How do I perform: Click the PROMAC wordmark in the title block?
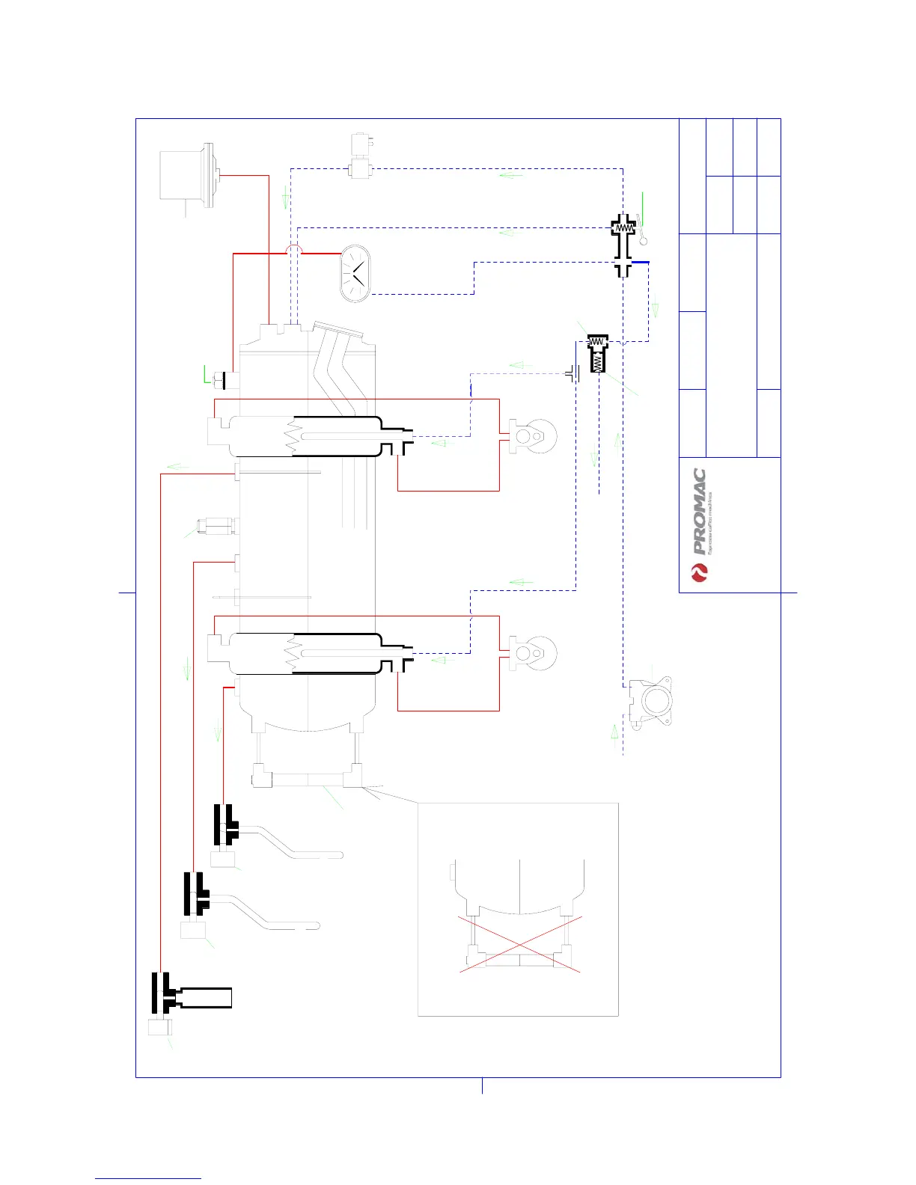click(700, 511)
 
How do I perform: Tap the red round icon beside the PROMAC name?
click(699, 573)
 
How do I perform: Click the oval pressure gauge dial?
click(355, 273)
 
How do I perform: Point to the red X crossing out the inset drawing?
click(519, 945)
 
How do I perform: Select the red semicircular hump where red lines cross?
click(294, 249)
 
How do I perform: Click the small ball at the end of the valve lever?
click(643, 241)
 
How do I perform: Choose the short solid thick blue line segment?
click(641, 262)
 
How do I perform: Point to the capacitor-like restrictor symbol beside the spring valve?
click(574, 373)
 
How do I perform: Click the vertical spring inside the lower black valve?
click(597, 363)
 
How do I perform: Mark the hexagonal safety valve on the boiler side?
click(209, 526)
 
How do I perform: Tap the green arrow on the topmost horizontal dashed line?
click(511, 176)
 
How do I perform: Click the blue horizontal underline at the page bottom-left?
click(148, 1178)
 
